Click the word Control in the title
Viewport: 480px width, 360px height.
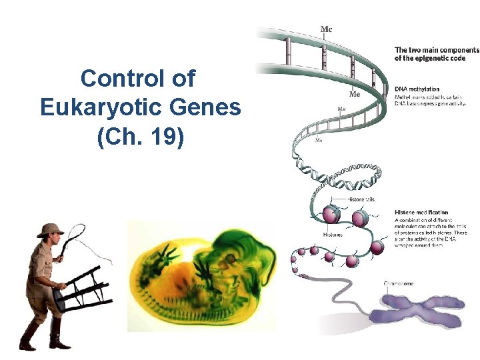[x=113, y=79]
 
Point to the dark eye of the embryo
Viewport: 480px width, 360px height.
[x=231, y=257]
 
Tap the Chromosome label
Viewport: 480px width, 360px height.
[x=399, y=283]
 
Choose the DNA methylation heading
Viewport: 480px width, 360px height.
[x=417, y=89]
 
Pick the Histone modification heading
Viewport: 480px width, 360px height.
[x=421, y=213]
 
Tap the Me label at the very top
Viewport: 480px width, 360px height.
[x=327, y=29]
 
